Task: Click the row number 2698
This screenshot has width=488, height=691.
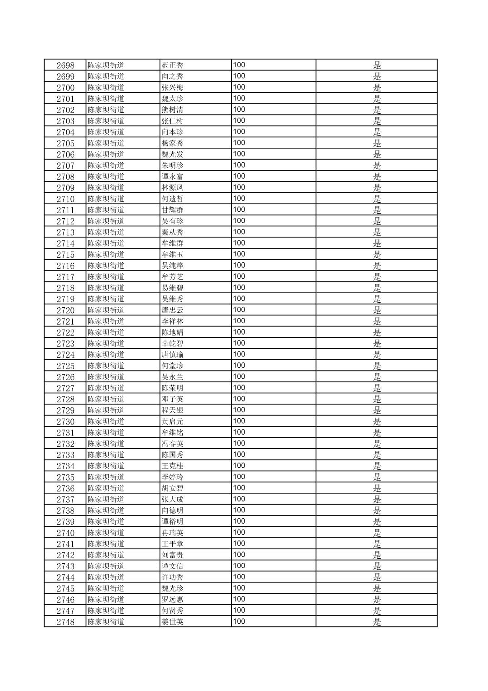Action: (x=65, y=65)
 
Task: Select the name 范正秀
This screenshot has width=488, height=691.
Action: (x=172, y=65)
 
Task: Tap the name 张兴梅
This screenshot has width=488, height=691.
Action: (x=172, y=88)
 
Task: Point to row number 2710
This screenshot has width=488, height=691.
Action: (x=65, y=199)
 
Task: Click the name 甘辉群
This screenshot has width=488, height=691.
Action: (x=172, y=210)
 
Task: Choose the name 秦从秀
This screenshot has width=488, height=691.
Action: (x=172, y=232)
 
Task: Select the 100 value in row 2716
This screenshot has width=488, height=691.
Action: (x=239, y=265)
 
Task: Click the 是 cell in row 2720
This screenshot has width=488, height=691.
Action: (x=377, y=310)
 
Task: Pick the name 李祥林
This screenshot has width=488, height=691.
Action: (x=172, y=321)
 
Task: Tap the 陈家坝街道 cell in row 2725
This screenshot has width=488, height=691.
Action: (x=106, y=366)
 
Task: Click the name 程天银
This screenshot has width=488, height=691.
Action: (x=172, y=411)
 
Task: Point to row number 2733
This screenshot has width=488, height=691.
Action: (x=65, y=455)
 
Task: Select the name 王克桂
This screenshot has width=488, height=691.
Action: (x=172, y=466)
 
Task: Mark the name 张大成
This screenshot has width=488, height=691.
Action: (x=172, y=500)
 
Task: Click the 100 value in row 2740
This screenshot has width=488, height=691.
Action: (x=239, y=532)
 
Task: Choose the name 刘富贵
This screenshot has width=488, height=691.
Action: (x=172, y=555)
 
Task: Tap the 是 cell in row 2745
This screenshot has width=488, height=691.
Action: (x=377, y=589)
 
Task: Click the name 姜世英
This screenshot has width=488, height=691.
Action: (x=172, y=622)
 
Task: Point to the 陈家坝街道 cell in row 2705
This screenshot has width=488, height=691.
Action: (x=106, y=143)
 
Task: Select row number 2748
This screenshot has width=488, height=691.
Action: (x=65, y=622)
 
